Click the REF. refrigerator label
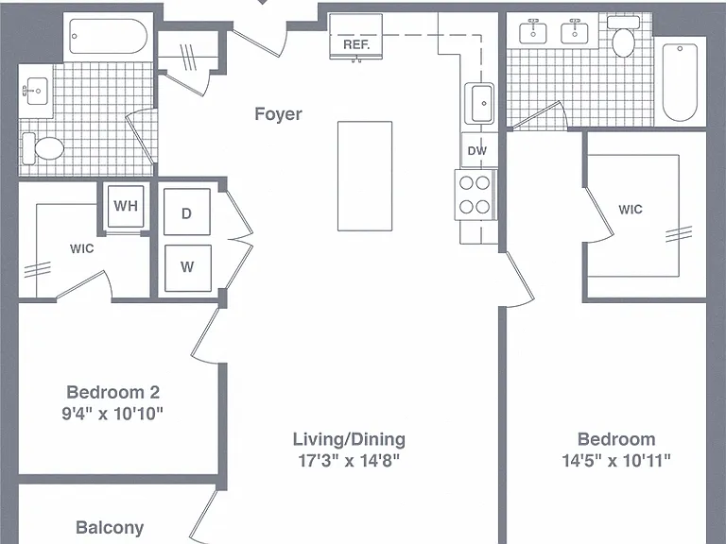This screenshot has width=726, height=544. (x=356, y=45)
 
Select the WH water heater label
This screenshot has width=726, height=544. (x=126, y=206)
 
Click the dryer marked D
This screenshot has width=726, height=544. (x=186, y=212)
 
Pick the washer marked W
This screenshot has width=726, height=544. (x=187, y=268)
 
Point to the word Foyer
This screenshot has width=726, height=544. (x=278, y=113)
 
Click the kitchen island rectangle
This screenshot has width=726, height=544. (x=365, y=176)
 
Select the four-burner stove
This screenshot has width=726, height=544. (x=475, y=195)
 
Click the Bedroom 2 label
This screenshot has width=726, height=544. (x=113, y=392)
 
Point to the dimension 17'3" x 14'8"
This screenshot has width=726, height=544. (x=349, y=461)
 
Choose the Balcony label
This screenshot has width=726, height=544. (x=110, y=527)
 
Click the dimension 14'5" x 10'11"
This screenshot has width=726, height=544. (x=616, y=461)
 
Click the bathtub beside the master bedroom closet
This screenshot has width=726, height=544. (x=680, y=82)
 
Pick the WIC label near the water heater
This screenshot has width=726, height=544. (x=82, y=249)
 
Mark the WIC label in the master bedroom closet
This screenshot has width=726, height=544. (x=631, y=210)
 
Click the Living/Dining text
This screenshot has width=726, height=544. (x=349, y=439)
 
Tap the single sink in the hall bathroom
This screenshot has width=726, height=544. (x=36, y=91)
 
